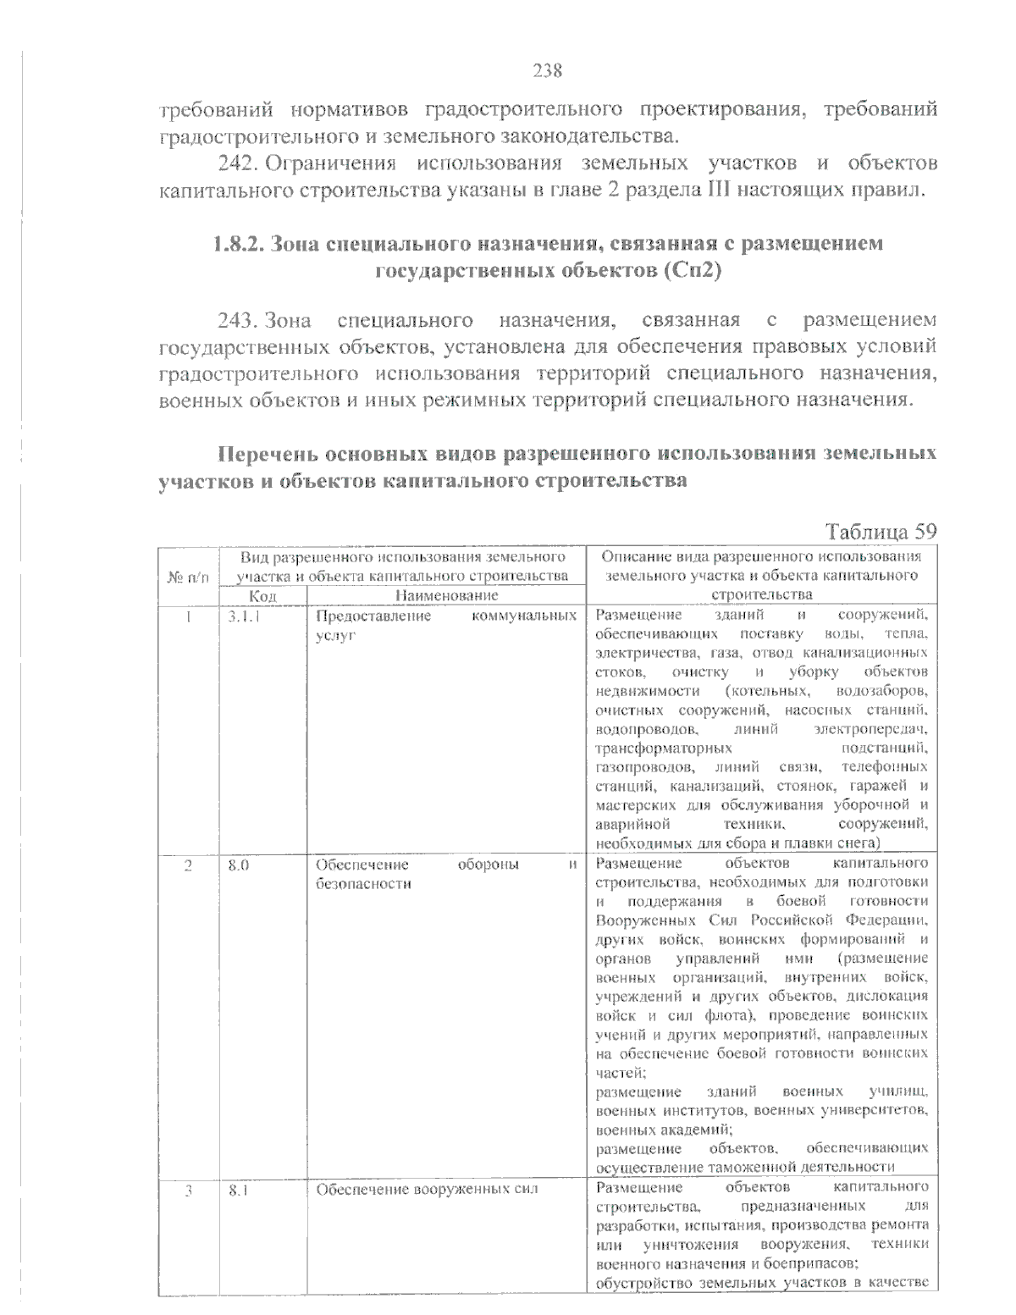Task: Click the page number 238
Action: tap(547, 70)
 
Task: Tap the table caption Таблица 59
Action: tap(881, 532)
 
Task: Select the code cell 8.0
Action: tap(238, 865)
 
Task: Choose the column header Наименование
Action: tap(444, 596)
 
